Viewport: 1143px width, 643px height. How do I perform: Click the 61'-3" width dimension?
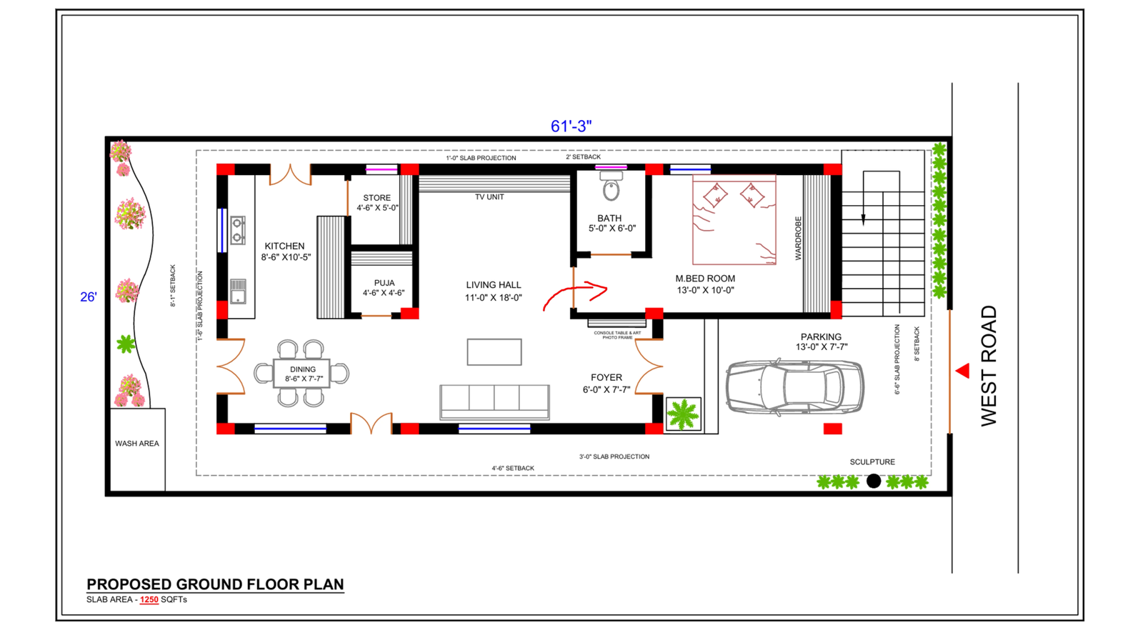click(x=571, y=126)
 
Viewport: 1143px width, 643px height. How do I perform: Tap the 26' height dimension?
click(x=89, y=297)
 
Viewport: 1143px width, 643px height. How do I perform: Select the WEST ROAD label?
click(x=989, y=366)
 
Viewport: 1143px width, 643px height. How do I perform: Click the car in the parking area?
click(x=794, y=387)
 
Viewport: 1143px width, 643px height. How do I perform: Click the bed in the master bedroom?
click(x=734, y=220)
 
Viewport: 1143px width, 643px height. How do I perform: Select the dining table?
click(x=301, y=373)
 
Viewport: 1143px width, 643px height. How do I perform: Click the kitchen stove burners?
click(x=238, y=230)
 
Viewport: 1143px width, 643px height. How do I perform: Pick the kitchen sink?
click(x=238, y=291)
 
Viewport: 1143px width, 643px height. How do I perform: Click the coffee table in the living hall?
click(x=494, y=352)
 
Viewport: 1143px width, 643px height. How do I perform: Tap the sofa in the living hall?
click(x=494, y=402)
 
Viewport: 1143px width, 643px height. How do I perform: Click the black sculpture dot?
click(x=874, y=482)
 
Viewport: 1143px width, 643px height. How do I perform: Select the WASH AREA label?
click(x=137, y=444)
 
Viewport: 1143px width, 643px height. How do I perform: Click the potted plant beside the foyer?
click(x=683, y=414)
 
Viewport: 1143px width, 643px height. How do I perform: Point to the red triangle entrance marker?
click(x=963, y=371)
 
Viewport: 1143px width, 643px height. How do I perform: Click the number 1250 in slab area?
click(x=149, y=599)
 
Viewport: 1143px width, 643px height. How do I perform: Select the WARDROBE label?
click(x=799, y=238)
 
